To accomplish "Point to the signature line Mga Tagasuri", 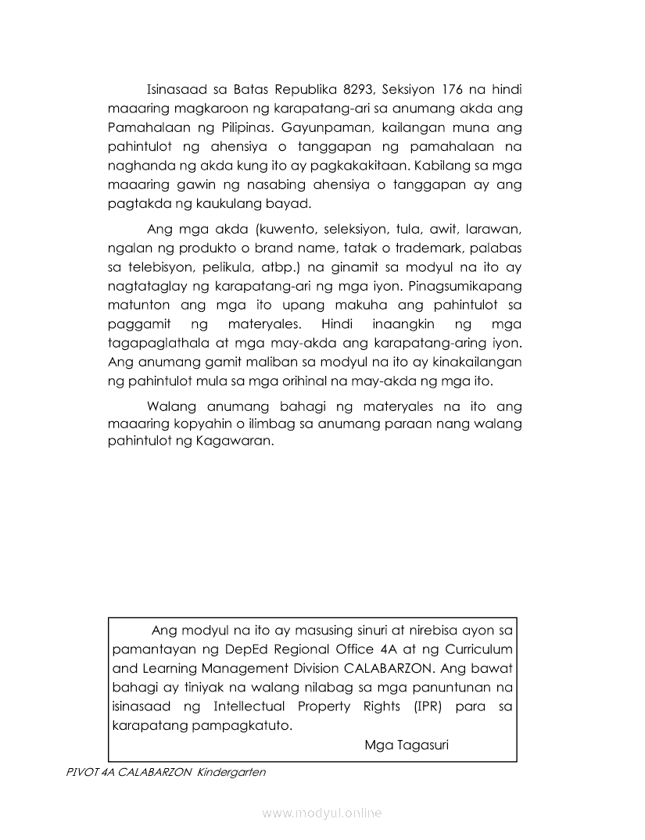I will tap(406, 745).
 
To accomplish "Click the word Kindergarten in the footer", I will tap(232, 772).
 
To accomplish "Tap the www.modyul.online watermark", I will tap(322, 813).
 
